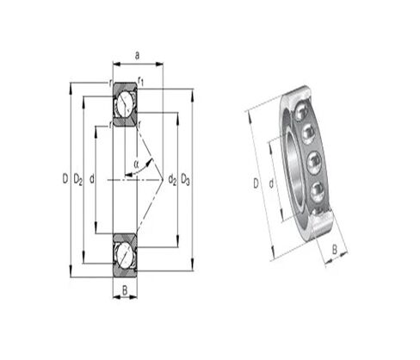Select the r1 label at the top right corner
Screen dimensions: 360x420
(141, 82)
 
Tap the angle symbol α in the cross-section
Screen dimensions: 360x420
(135, 161)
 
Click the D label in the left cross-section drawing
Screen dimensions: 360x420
(65, 179)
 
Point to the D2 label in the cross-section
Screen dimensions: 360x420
(77, 179)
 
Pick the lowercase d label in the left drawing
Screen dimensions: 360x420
(91, 179)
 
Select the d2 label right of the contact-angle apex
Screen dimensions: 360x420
(172, 179)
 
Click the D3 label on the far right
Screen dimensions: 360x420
(187, 179)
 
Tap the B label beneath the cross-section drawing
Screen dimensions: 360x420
(125, 290)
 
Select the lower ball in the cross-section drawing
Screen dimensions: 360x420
(125, 254)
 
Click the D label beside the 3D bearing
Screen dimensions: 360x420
(256, 183)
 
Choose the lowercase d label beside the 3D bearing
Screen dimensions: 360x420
(271, 183)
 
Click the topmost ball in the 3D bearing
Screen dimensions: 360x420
(302, 112)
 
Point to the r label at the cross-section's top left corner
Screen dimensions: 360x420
(110, 83)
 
